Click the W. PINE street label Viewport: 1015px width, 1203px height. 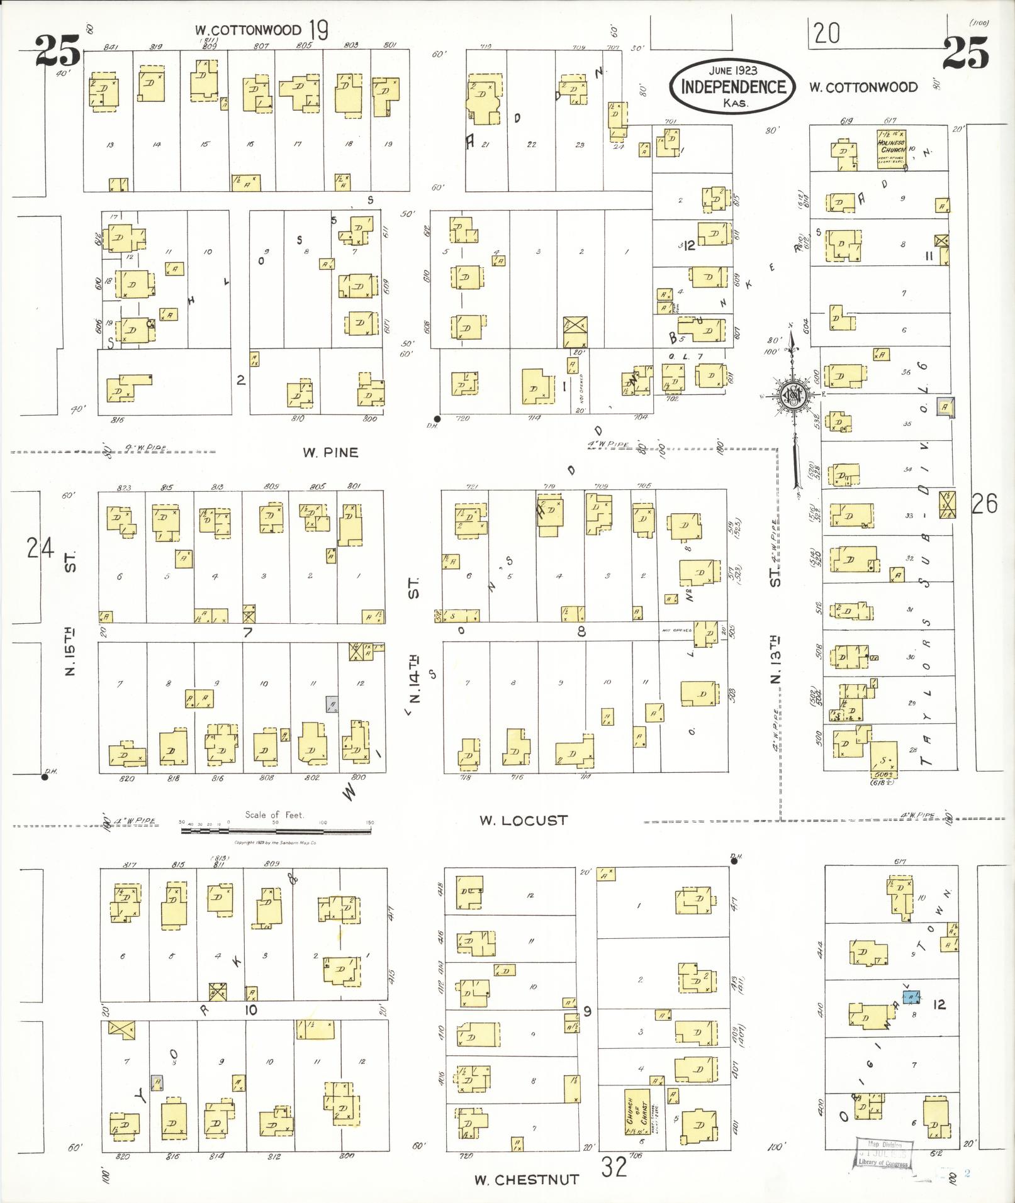point(330,452)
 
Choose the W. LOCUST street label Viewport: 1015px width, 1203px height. point(523,820)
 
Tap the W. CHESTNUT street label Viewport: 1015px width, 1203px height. point(526,1180)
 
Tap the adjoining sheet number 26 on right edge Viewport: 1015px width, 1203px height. point(984,503)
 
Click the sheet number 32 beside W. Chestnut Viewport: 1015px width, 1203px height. point(614,1168)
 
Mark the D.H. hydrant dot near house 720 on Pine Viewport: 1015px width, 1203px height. point(437,418)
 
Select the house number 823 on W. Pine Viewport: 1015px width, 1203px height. point(125,487)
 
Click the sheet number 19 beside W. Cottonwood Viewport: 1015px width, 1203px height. point(319,30)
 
